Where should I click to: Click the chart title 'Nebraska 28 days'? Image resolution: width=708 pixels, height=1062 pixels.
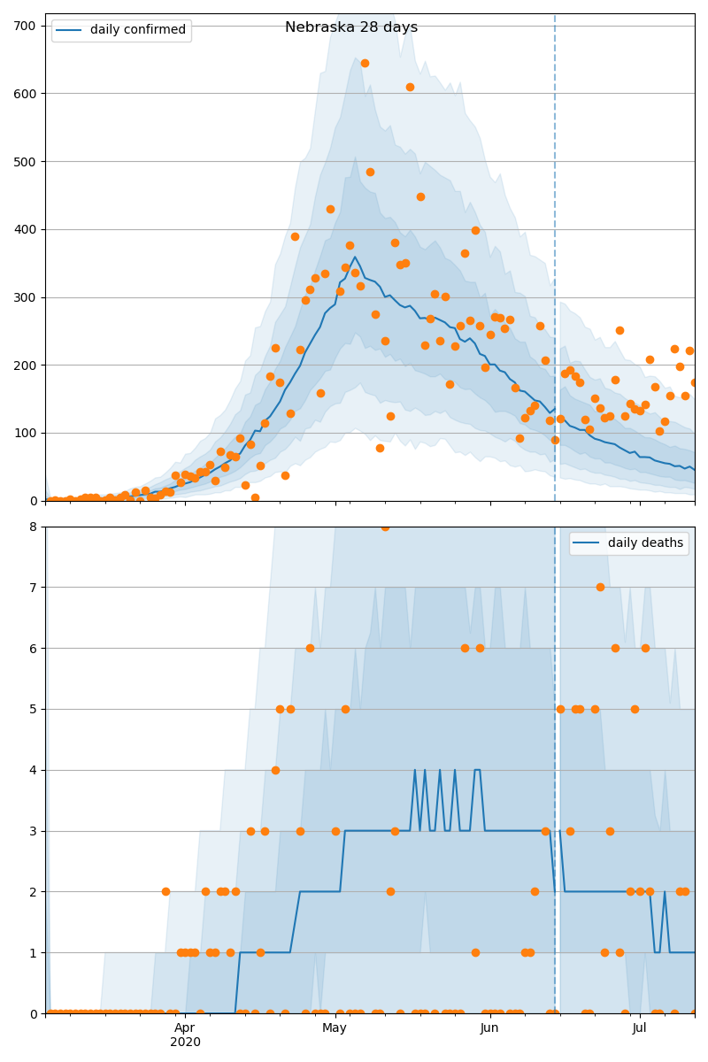[351, 27]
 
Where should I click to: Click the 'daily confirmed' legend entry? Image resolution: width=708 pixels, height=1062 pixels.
[137, 30]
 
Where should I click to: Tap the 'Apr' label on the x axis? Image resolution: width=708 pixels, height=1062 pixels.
[184, 1027]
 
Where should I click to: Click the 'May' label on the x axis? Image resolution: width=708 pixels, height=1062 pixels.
[335, 1027]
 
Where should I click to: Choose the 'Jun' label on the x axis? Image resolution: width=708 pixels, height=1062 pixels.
[489, 1027]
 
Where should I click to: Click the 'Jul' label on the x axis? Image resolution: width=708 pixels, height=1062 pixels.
[639, 1027]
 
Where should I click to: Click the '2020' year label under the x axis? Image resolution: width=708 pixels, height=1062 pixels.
[185, 1043]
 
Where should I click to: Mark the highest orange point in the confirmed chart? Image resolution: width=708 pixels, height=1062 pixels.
[365, 63]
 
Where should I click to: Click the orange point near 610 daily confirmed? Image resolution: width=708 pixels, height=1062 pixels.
[410, 87]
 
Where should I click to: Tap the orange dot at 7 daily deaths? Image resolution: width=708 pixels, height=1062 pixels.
[600, 587]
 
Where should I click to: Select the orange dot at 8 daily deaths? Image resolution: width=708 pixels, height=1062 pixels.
[385, 527]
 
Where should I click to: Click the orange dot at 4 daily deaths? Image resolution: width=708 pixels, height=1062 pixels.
[275, 770]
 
